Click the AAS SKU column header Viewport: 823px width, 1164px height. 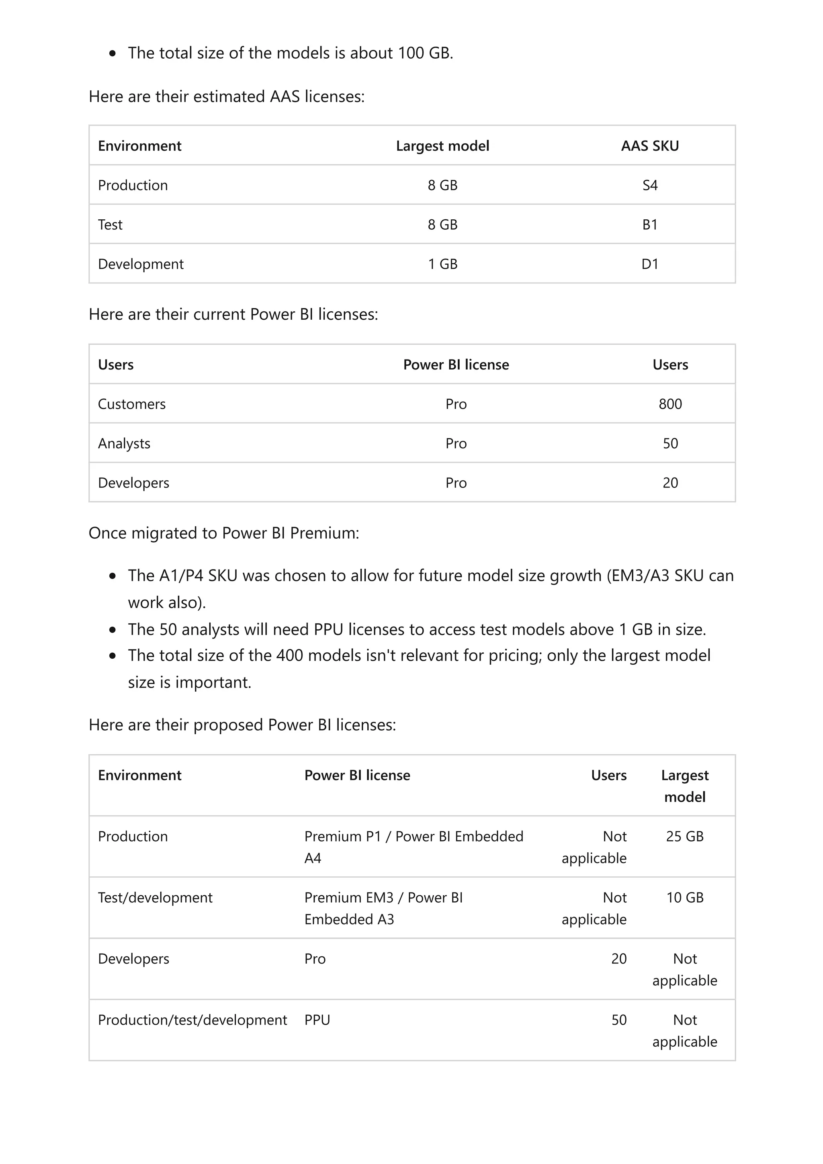[x=649, y=146]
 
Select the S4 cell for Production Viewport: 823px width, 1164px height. [x=649, y=185]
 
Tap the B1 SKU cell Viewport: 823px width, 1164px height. [x=649, y=225]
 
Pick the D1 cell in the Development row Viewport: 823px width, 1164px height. [x=649, y=264]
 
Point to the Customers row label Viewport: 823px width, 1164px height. [x=131, y=404]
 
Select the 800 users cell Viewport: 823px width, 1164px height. [x=670, y=404]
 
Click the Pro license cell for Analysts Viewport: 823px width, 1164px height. [x=456, y=443]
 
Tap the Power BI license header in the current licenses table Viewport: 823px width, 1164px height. [x=456, y=365]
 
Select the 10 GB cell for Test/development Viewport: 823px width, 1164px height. [x=685, y=897]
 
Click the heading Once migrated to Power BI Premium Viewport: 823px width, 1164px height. [x=223, y=533]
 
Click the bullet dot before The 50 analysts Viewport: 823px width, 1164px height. [x=113, y=630]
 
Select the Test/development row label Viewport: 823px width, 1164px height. [x=155, y=897]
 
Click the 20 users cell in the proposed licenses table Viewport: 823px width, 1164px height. [x=618, y=959]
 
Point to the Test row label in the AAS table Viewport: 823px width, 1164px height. [x=110, y=225]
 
